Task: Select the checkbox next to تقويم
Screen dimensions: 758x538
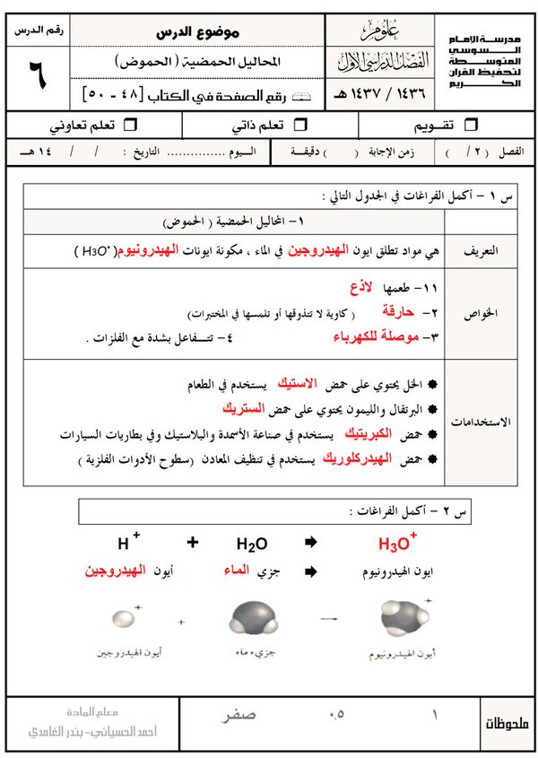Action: click(473, 123)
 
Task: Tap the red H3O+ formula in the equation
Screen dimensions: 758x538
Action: click(397, 544)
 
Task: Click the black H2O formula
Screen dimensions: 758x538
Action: click(252, 544)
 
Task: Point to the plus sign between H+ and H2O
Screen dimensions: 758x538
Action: click(193, 543)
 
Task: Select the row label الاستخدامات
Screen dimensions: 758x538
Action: click(491, 421)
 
